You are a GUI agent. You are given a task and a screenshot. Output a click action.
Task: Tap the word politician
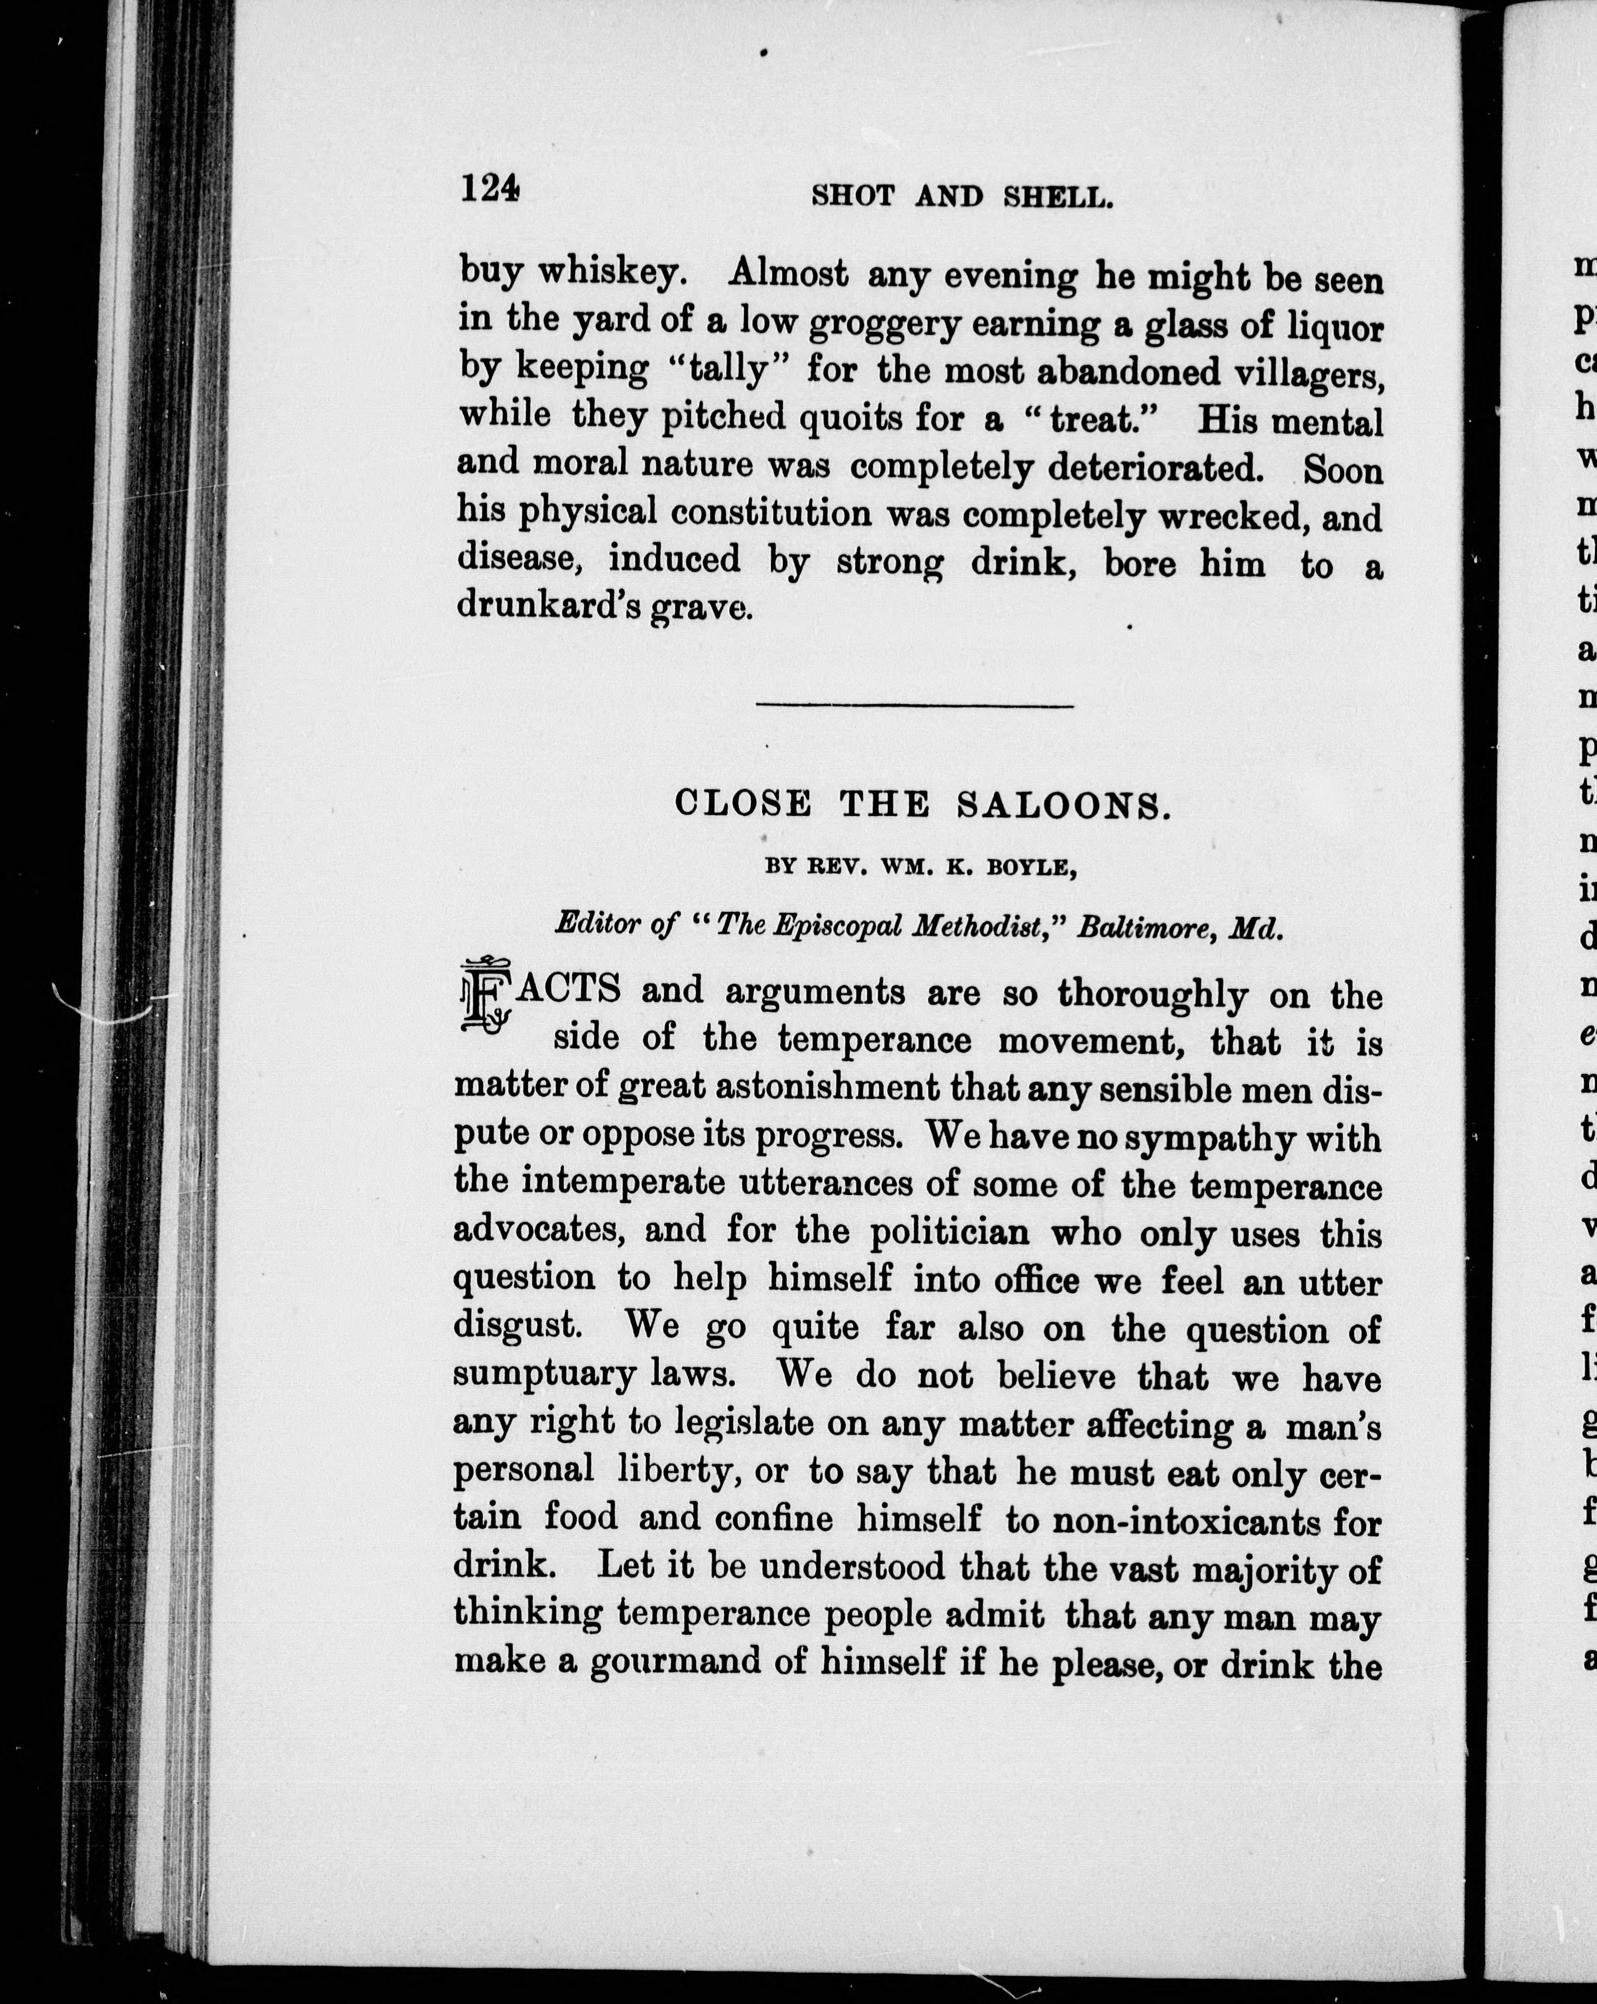coord(949,1233)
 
